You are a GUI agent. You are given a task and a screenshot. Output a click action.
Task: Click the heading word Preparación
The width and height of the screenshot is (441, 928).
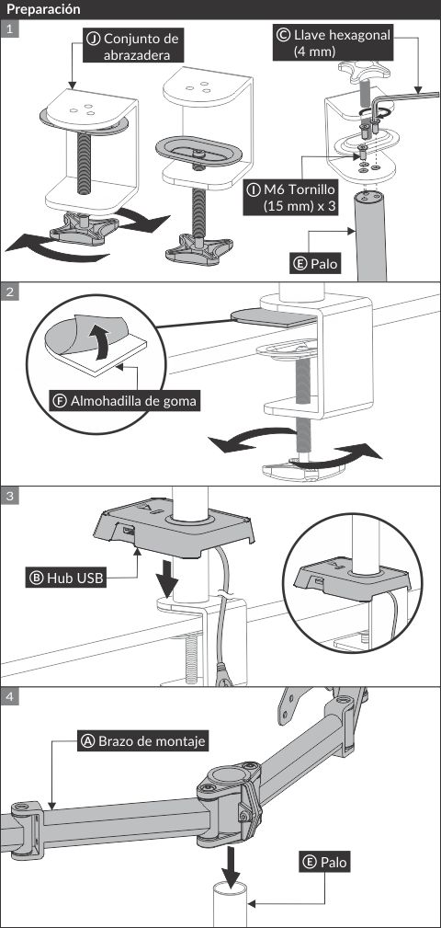click(43, 9)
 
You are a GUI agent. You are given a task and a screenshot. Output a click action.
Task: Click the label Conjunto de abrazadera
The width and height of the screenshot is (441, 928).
click(131, 47)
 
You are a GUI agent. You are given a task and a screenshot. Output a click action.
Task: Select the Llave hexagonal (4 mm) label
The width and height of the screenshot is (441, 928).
click(334, 43)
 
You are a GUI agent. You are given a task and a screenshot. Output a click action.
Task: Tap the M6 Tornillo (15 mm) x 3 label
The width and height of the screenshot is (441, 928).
click(292, 199)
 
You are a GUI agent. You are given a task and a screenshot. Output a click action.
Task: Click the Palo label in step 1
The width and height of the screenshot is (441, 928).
click(316, 264)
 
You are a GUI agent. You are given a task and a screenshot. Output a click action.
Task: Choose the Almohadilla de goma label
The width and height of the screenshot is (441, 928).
click(125, 401)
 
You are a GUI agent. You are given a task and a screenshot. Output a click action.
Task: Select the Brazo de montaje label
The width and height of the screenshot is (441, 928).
click(143, 741)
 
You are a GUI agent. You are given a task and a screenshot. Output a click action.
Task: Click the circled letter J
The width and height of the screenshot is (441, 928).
click(93, 40)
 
